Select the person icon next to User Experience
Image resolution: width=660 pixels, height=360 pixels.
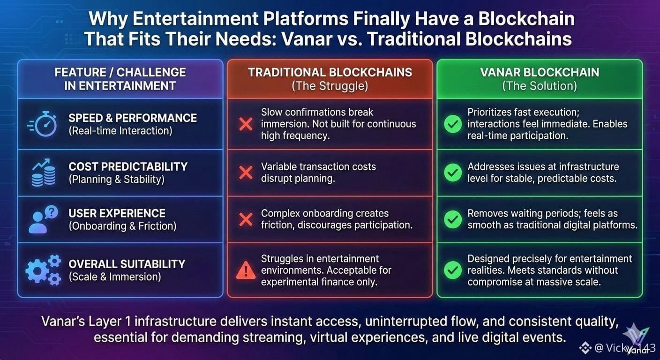[43, 219]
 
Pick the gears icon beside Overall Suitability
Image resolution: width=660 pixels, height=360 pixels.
[43, 270]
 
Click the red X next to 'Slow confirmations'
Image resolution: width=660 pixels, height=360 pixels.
[246, 124]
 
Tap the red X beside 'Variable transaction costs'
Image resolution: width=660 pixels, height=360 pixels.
[246, 172]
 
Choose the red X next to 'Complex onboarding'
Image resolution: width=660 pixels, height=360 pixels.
[246, 219]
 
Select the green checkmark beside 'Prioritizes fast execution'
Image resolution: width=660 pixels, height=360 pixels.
[452, 124]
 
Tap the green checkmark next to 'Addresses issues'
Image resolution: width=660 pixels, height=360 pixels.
[452, 172]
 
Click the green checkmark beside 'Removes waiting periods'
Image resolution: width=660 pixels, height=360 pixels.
[452, 219]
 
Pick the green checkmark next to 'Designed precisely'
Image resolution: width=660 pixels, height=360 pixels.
[452, 270]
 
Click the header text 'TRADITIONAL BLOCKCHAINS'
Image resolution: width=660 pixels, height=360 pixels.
[330, 72]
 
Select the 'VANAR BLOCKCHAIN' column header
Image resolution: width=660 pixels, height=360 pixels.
[540, 72]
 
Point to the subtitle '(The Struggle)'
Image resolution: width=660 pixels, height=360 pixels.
[330, 86]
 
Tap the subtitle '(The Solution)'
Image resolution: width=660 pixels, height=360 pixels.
[540, 86]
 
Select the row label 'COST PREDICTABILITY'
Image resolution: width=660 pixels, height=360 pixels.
[128, 166]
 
